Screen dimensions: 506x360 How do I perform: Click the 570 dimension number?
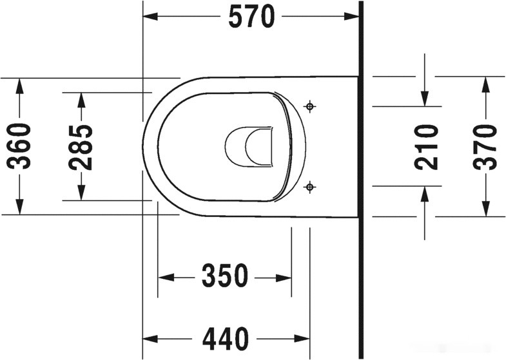tap(251, 17)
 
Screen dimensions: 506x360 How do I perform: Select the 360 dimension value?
tap(19, 146)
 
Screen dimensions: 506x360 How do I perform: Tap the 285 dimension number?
tap(81, 147)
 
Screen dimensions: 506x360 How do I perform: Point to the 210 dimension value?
tap(426, 147)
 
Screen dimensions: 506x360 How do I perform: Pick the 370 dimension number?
tap(485, 147)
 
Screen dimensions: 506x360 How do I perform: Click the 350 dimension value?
tap(225, 276)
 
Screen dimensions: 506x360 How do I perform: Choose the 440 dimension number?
tap(226, 339)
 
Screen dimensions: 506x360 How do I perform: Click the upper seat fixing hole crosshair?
tap(310, 106)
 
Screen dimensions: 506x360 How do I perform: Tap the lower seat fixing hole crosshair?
tap(310, 186)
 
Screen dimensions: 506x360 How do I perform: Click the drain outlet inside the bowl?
tap(249, 146)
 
